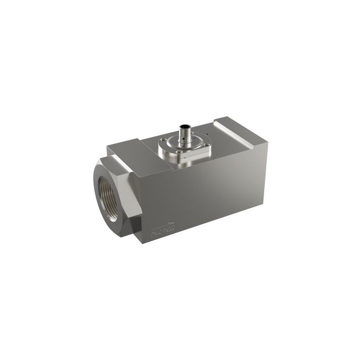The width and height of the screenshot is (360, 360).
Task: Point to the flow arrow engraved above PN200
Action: [x=171, y=221]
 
